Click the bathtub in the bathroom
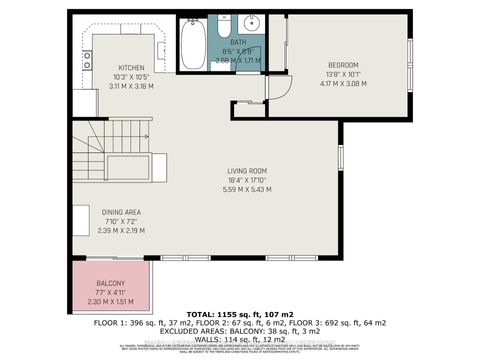tap(193, 44)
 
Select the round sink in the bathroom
tap(252, 22)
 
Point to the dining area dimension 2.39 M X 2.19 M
tap(122, 230)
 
